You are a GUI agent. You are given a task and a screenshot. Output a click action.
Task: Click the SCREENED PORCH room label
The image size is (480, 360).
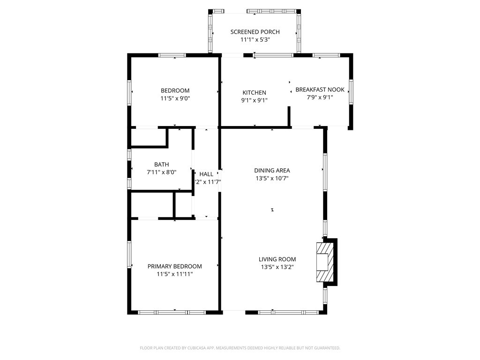[255, 32]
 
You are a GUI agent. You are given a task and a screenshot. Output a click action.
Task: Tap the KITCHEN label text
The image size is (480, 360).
[254, 93]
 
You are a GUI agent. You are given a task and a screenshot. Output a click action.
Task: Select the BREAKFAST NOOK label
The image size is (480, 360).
[320, 90]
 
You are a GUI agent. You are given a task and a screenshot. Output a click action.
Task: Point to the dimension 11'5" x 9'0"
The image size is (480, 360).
[175, 98]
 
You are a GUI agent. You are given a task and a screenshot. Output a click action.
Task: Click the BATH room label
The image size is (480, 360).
[161, 165]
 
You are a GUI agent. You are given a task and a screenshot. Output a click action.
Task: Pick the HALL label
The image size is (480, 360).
[206, 174]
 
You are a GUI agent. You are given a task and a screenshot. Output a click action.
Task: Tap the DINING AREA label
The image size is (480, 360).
[272, 171]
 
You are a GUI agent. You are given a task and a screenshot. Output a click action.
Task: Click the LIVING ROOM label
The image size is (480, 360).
[277, 259]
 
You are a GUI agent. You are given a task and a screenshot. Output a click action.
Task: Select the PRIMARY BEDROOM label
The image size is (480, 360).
[174, 266]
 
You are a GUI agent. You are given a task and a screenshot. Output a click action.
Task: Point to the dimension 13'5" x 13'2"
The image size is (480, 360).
[277, 267]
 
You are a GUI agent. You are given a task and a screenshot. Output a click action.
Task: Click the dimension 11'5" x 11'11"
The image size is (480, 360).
[174, 274]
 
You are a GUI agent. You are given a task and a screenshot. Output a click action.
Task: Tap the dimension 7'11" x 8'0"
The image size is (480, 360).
[161, 172]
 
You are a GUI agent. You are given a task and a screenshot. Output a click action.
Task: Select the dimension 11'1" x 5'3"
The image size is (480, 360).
[255, 40]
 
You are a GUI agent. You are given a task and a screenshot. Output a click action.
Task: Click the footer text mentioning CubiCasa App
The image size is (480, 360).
[240, 348]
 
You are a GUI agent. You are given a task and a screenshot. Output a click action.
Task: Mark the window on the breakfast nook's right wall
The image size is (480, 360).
[351, 91]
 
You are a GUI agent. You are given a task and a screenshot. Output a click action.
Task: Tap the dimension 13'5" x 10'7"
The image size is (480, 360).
[272, 179]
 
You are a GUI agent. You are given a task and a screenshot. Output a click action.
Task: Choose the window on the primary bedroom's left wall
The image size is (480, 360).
[129, 255]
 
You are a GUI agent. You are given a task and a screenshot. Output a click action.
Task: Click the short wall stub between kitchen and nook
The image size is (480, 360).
[289, 116]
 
